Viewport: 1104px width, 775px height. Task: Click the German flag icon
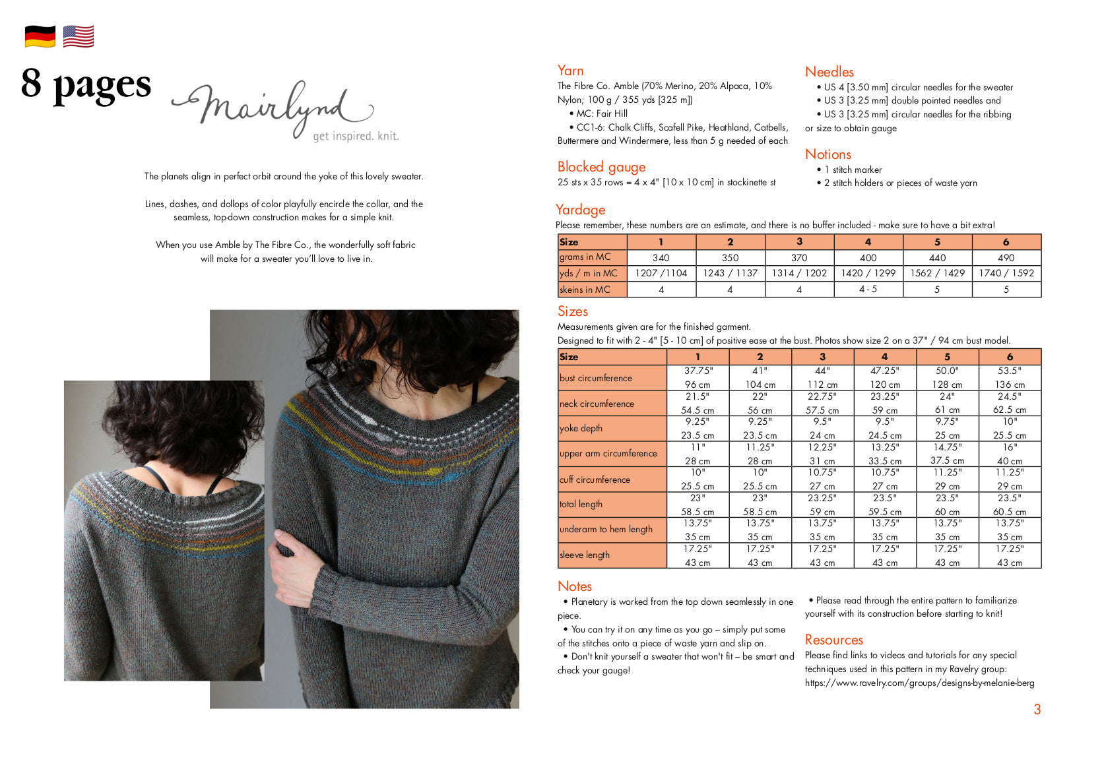(x=40, y=36)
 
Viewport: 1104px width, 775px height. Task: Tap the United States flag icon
(x=79, y=36)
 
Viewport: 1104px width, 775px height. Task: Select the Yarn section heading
(x=570, y=71)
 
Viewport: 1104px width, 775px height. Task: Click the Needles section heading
(x=829, y=72)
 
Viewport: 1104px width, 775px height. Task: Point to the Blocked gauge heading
(x=601, y=167)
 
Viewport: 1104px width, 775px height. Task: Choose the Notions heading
(x=828, y=154)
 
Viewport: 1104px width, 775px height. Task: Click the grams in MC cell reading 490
(x=1006, y=258)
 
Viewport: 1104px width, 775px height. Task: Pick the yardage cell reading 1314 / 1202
(x=799, y=273)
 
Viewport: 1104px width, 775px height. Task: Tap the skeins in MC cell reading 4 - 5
(x=868, y=289)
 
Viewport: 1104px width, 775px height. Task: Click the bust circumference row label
(x=595, y=378)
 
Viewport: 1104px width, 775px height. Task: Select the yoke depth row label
(x=581, y=428)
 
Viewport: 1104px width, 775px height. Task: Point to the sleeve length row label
(x=584, y=555)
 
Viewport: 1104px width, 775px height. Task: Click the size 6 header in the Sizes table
(x=1009, y=357)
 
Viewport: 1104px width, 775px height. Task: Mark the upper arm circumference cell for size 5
(x=947, y=454)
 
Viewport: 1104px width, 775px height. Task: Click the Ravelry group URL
(x=919, y=683)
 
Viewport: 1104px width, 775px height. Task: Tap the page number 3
(x=1037, y=710)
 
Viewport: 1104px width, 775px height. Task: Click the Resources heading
(x=833, y=640)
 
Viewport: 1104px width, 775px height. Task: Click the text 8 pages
(x=86, y=84)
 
